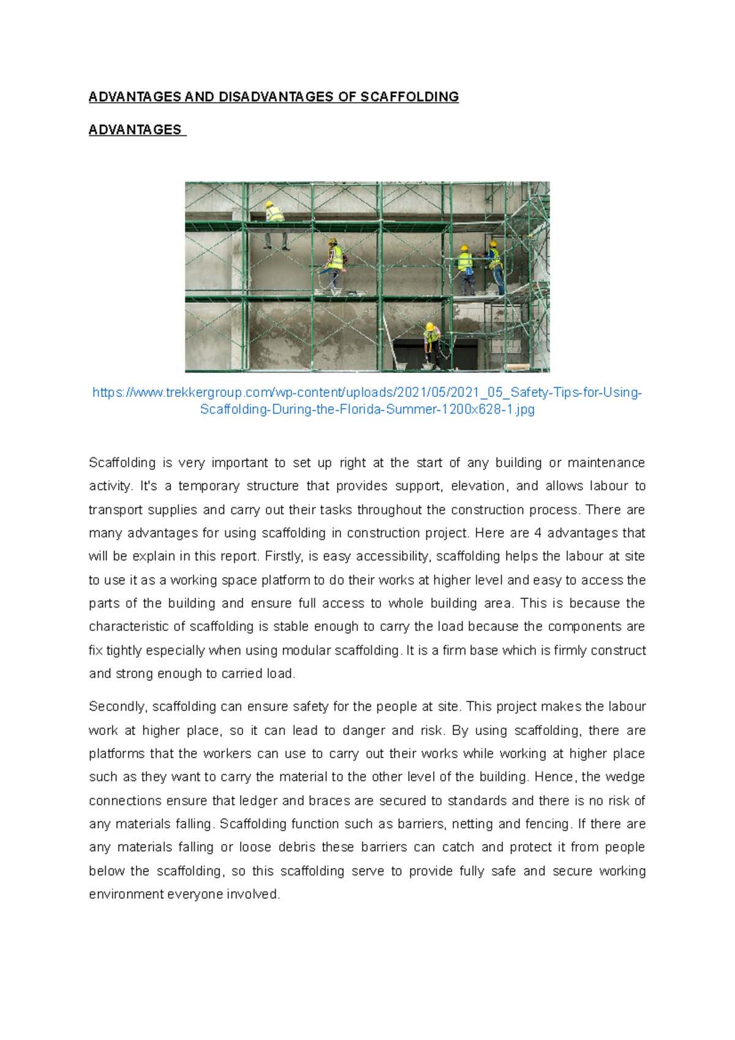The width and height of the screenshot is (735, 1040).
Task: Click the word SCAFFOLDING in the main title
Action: (x=409, y=97)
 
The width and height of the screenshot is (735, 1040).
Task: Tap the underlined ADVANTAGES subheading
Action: (x=135, y=130)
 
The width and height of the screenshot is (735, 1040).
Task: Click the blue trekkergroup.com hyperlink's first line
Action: (x=367, y=393)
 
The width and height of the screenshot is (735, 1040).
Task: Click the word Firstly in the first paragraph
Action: (x=283, y=556)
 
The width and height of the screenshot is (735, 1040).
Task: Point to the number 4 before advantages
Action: (x=537, y=533)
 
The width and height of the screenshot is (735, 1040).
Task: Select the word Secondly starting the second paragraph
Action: (x=118, y=707)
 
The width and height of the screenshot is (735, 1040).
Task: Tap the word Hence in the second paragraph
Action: (x=554, y=777)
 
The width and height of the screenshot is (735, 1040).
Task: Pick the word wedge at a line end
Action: (x=625, y=777)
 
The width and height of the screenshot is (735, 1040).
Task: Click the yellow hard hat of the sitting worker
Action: (x=269, y=204)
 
